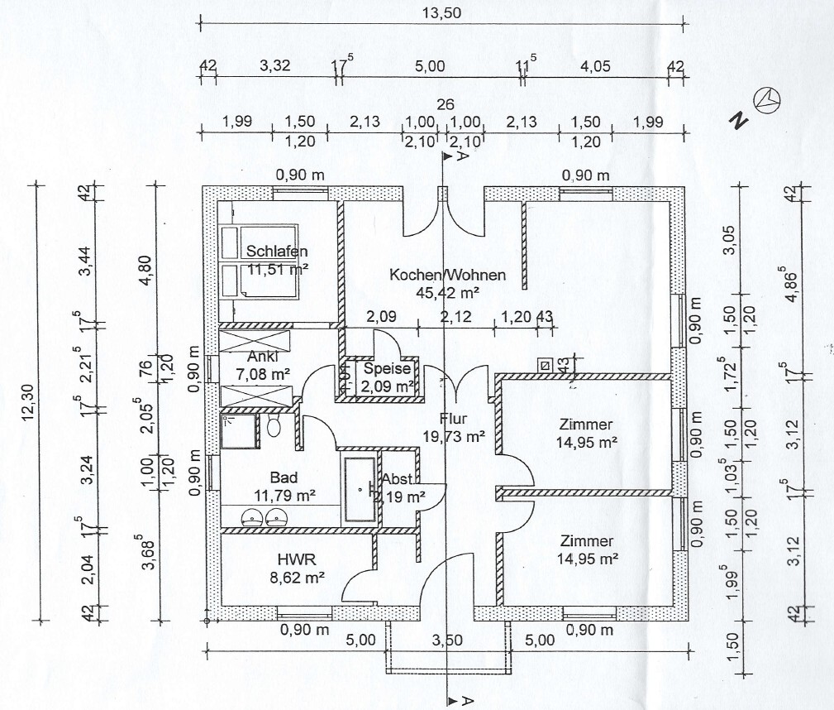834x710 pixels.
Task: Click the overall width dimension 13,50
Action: pos(441,12)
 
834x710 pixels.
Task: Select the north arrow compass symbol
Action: pos(770,99)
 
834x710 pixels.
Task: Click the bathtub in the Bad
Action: pos(360,488)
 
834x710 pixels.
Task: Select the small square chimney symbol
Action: pos(544,363)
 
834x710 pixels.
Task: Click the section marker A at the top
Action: pos(463,156)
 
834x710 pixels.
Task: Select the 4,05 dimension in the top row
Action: pos(594,65)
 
